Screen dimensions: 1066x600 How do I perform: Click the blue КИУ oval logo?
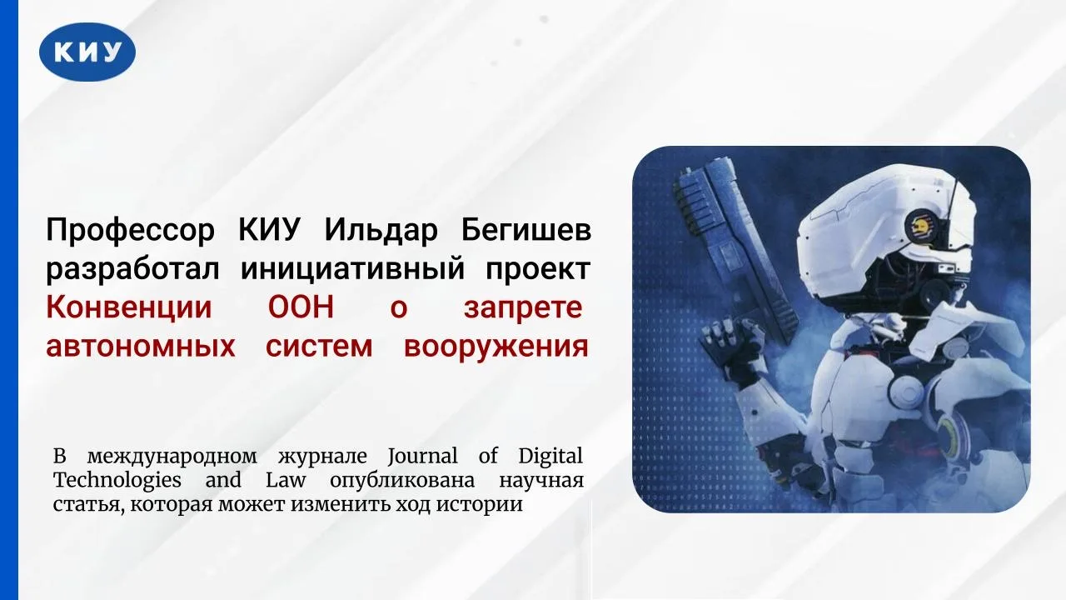click(x=87, y=52)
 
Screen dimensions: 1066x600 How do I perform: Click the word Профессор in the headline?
click(x=131, y=231)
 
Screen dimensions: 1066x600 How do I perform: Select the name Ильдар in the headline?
click(x=381, y=231)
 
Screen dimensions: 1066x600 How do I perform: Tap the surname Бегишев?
click(x=526, y=229)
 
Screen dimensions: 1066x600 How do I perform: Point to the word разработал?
click(x=132, y=269)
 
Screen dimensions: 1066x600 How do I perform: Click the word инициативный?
click(x=352, y=269)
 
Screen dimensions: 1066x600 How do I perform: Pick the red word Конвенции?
click(x=129, y=308)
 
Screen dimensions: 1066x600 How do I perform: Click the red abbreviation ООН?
click(x=301, y=307)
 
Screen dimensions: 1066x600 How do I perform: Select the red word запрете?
click(x=524, y=308)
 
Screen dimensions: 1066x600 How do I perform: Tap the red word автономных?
click(x=141, y=346)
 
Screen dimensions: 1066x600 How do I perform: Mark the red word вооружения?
click(x=496, y=347)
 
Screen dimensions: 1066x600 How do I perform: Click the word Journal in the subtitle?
click(x=422, y=456)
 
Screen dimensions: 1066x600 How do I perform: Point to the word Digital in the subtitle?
click(x=550, y=457)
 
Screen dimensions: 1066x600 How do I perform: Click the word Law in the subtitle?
click(x=286, y=479)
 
